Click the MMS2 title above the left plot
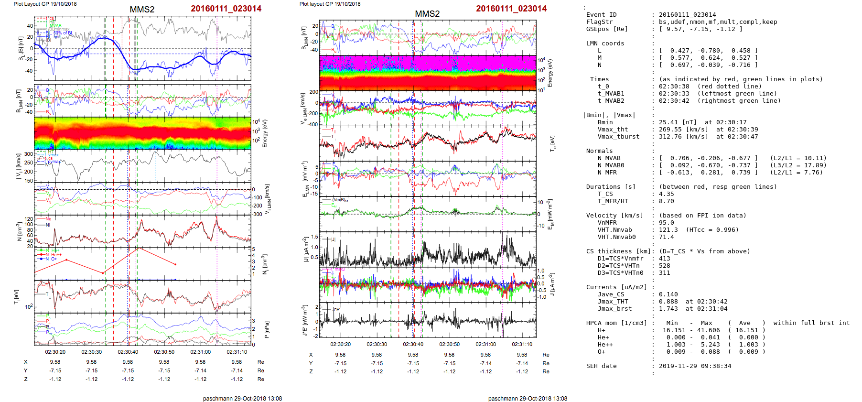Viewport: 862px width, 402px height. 142,10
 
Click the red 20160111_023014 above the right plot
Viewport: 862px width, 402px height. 511,9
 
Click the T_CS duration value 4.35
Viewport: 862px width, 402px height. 666,194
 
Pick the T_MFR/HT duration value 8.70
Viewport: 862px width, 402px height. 666,201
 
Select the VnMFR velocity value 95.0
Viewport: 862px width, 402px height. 666,223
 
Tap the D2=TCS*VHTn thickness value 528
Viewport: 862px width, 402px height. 664,266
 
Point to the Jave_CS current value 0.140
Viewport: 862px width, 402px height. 668,294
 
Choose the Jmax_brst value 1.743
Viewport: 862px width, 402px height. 668,309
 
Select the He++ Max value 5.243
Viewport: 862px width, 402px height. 710,345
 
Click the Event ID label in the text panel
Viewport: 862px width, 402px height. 601,15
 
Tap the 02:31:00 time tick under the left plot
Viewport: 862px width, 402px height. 201,352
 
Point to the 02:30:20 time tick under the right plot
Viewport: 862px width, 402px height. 340,344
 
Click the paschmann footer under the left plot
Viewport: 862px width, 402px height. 242,398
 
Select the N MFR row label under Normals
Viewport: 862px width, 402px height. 607,173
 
